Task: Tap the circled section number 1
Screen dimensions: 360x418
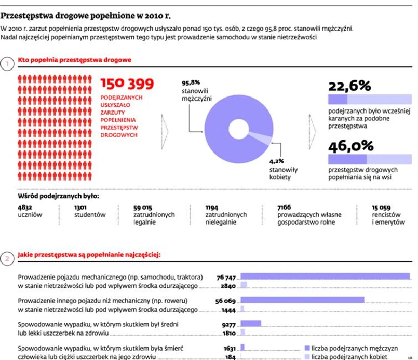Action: point(7,64)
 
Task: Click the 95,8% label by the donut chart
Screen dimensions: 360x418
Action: point(191,82)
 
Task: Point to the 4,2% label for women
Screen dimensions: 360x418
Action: point(276,161)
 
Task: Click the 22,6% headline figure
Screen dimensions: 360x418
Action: point(349,86)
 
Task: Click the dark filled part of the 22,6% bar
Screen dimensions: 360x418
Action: point(338,100)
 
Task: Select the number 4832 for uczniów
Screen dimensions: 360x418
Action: point(25,207)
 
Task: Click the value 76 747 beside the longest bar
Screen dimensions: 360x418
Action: point(226,277)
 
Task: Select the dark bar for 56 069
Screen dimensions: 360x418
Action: point(302,300)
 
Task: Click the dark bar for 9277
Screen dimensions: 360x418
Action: point(251,323)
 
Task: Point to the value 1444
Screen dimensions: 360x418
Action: point(228,310)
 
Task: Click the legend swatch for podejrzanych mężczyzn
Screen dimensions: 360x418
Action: point(307,348)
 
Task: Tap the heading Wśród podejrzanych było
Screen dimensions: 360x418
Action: point(58,196)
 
